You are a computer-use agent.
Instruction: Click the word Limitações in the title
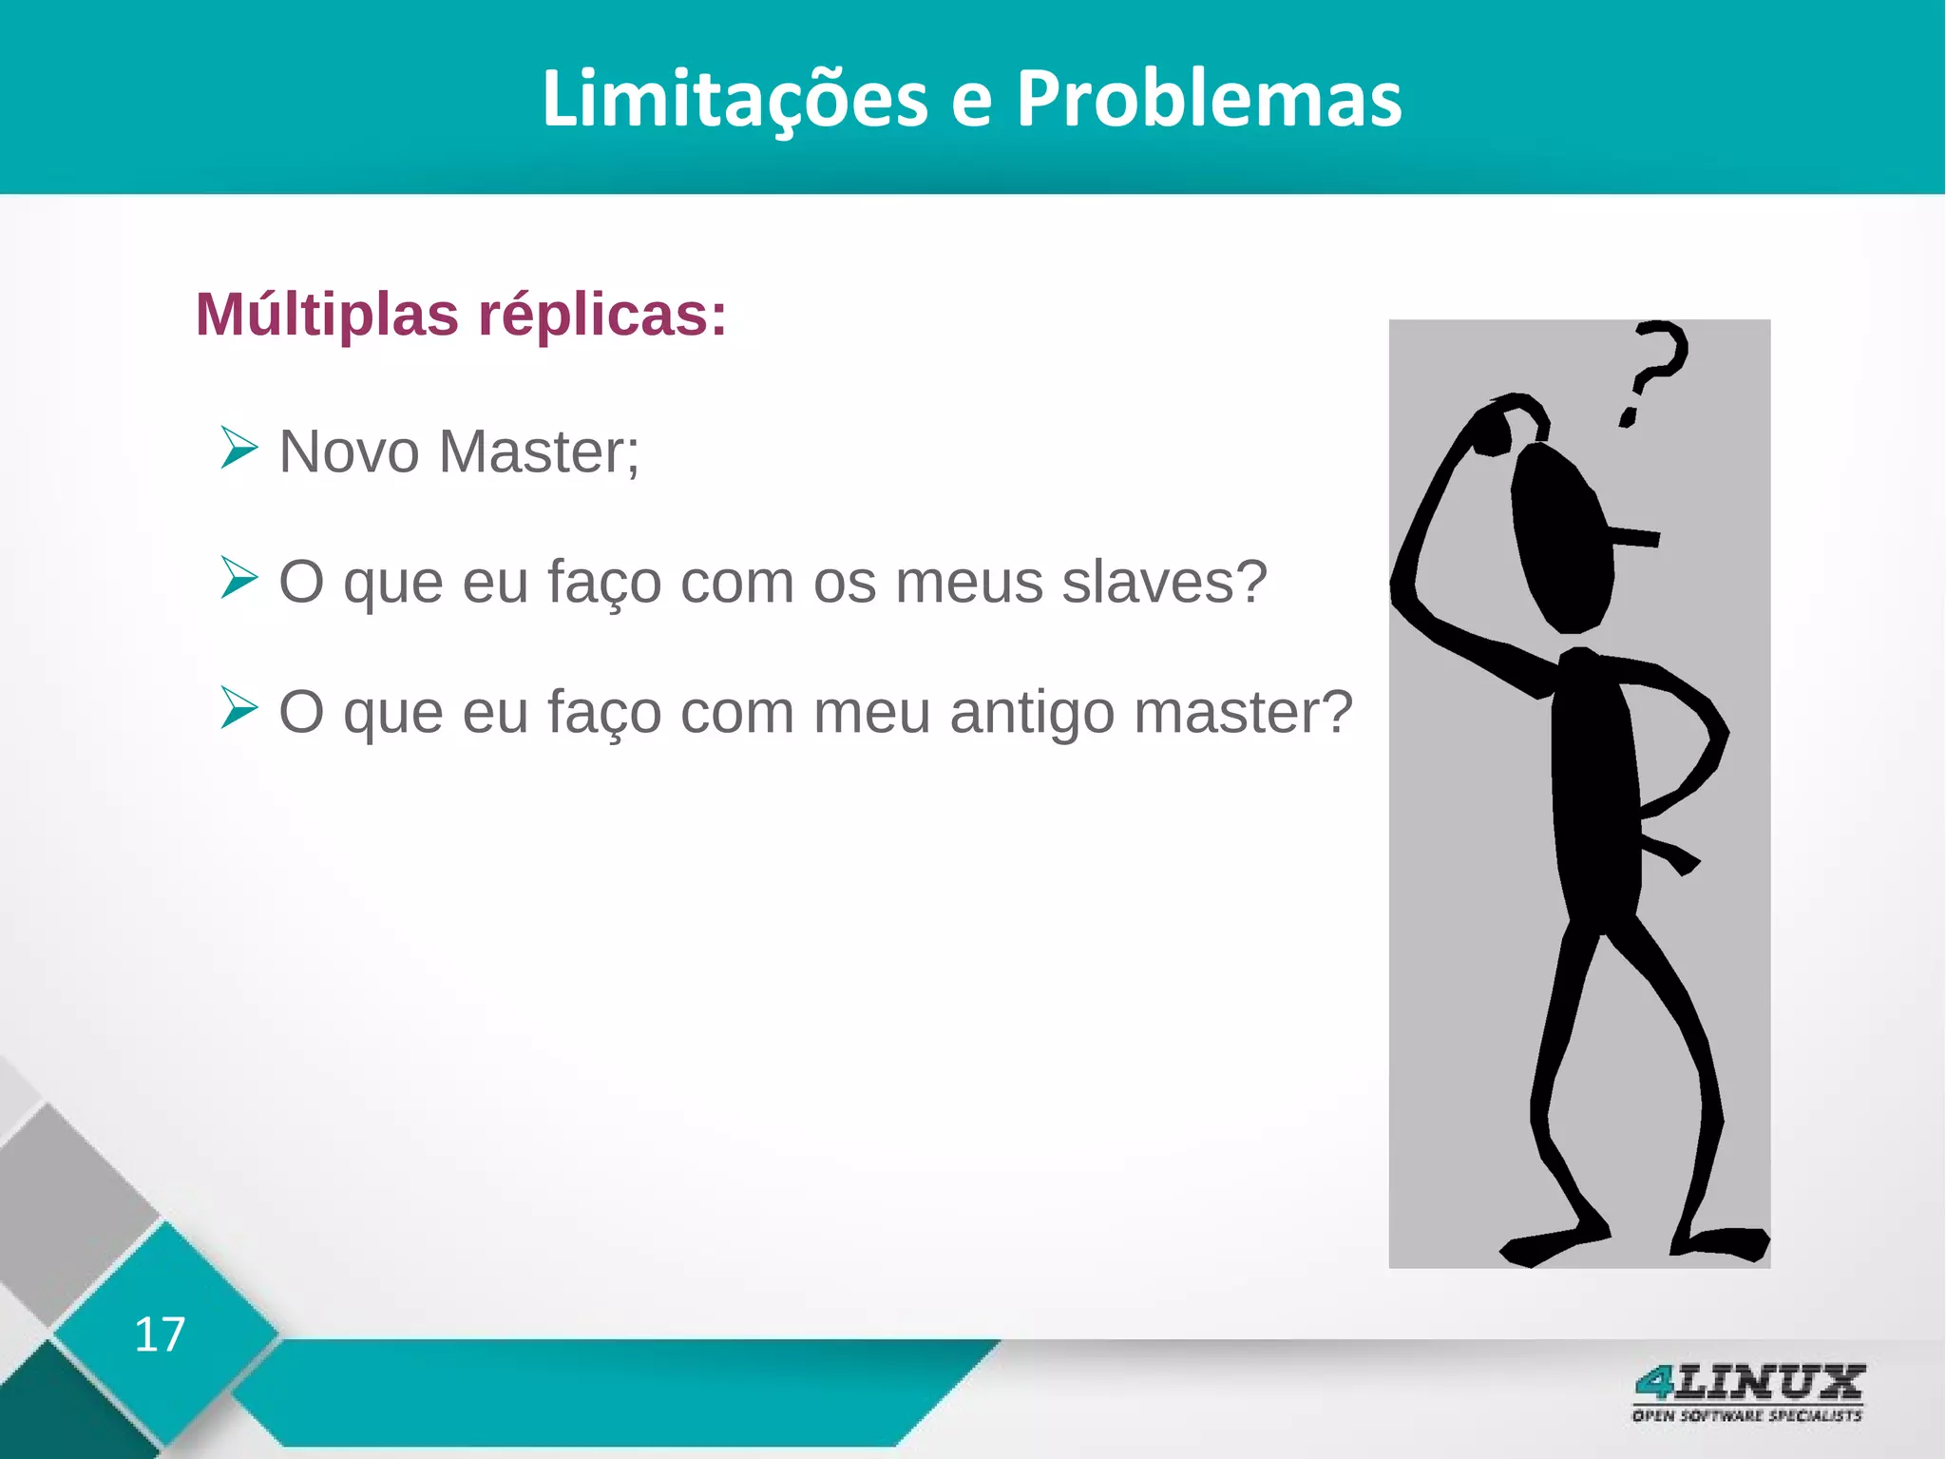point(735,99)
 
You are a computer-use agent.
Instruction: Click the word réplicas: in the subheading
point(601,314)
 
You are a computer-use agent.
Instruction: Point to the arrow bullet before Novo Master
point(238,448)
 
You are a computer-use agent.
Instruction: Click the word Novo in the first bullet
point(349,451)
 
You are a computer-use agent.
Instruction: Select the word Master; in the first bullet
point(539,451)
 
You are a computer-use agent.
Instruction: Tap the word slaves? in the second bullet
point(1164,582)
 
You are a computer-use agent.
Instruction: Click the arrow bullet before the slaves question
point(238,578)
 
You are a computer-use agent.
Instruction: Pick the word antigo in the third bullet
point(1032,712)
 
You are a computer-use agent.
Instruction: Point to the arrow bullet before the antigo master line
point(238,708)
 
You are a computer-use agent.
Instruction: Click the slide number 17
point(160,1334)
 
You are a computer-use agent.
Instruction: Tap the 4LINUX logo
point(1748,1383)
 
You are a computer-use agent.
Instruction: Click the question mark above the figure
point(1651,372)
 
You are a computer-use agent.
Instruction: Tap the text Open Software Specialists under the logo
point(1746,1416)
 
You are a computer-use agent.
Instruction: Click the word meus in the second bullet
point(968,582)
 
